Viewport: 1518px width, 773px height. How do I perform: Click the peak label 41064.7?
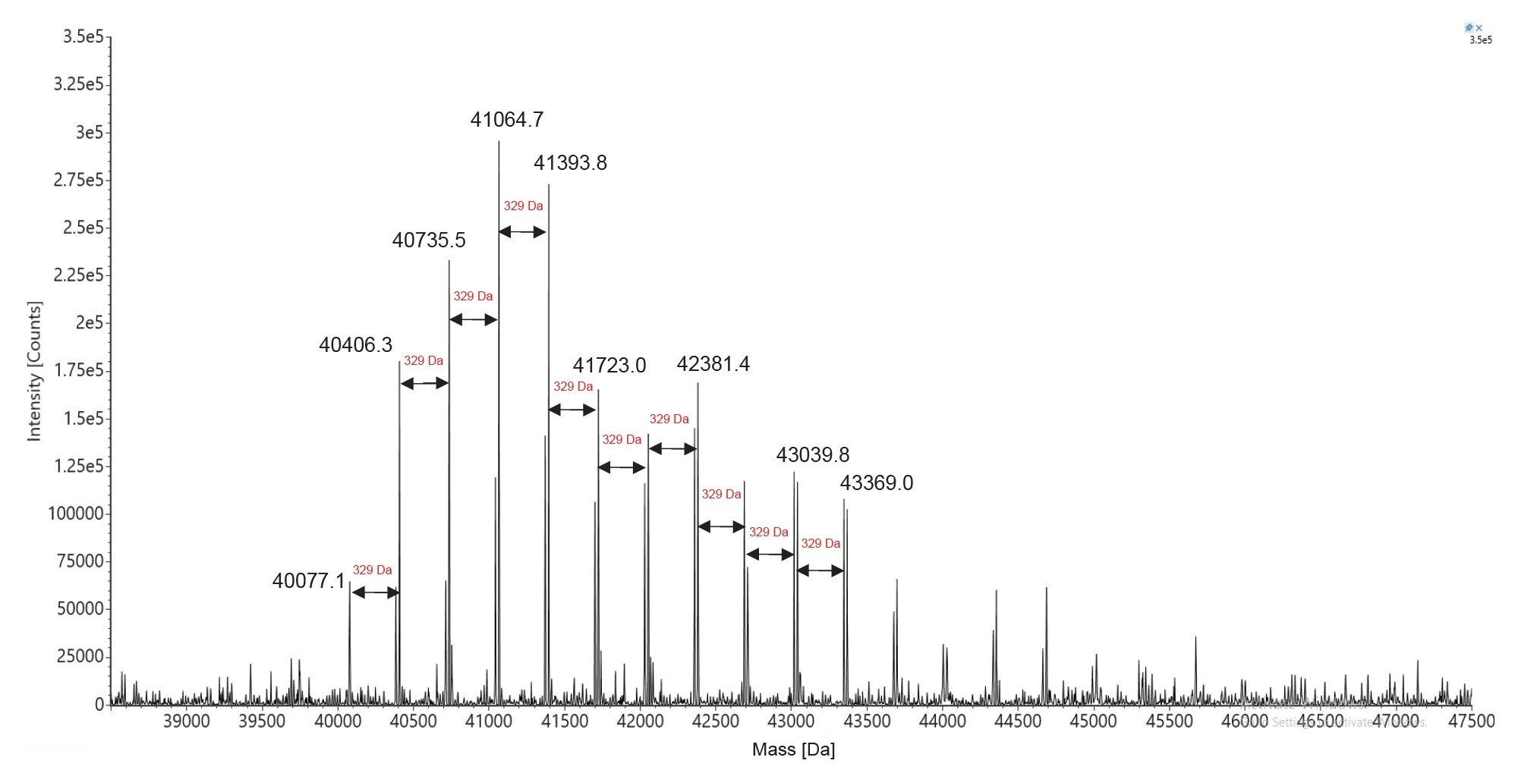pos(506,119)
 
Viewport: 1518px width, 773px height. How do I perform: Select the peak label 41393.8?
pos(570,163)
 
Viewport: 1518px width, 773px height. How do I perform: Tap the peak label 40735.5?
pos(429,240)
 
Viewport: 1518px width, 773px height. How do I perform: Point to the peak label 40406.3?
pos(355,345)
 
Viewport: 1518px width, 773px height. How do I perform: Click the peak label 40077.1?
pos(309,581)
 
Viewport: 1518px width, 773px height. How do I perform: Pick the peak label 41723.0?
pos(609,366)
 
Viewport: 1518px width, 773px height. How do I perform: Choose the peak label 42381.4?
pos(713,364)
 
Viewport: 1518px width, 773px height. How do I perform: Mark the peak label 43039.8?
pos(812,455)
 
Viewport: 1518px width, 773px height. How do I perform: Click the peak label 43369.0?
pos(876,483)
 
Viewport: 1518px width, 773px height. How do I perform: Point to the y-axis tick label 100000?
pos(75,514)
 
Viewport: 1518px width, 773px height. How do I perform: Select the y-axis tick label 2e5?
pos(89,322)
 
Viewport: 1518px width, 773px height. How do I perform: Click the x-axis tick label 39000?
pos(186,721)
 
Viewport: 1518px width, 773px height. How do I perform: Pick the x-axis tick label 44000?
pos(942,721)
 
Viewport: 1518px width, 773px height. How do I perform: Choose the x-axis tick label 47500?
pos(1471,721)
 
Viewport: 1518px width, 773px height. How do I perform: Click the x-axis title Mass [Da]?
pos(793,749)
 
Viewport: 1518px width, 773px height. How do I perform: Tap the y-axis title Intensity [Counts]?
pos(34,371)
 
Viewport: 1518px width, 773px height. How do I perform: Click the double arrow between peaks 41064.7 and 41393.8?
pos(522,232)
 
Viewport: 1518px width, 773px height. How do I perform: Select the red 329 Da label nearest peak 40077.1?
pos(372,570)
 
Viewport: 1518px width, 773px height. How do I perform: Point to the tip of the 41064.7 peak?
pos(499,142)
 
